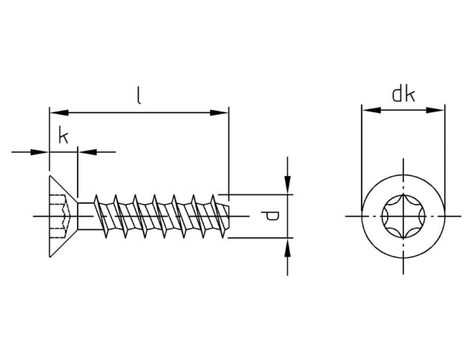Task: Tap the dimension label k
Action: click(x=63, y=136)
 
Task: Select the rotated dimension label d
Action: click(x=270, y=216)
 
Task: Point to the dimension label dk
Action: click(x=403, y=95)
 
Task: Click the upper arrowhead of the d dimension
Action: click(x=288, y=184)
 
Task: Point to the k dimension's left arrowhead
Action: click(x=41, y=152)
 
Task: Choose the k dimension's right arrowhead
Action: click(x=86, y=152)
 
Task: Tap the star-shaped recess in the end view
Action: click(x=403, y=216)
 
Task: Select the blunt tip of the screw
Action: click(x=232, y=216)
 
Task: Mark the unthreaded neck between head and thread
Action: click(x=84, y=216)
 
